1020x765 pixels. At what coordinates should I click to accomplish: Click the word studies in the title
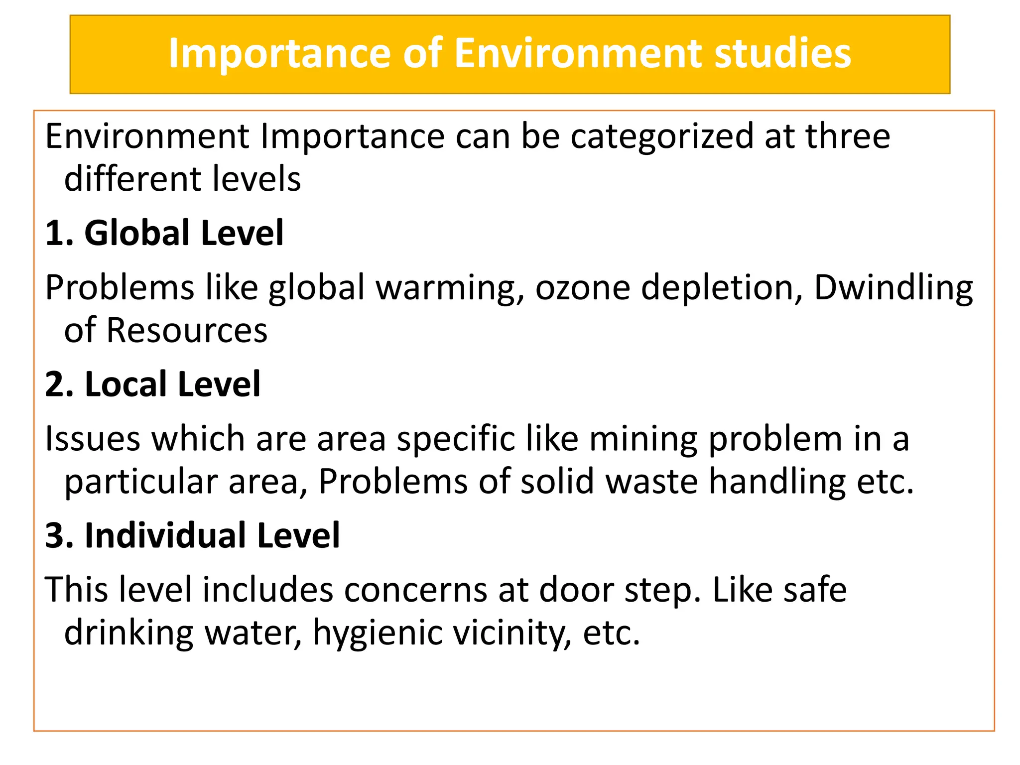click(x=782, y=53)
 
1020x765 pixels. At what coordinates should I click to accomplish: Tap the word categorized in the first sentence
click(x=662, y=136)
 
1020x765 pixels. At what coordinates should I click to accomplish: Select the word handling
click(x=777, y=482)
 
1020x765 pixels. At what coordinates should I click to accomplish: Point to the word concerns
click(x=416, y=590)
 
